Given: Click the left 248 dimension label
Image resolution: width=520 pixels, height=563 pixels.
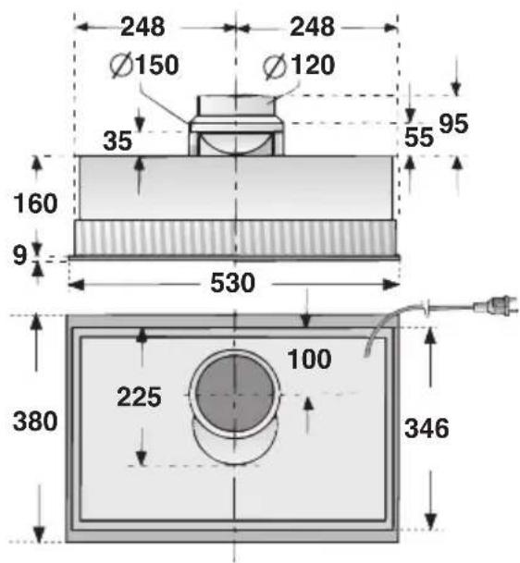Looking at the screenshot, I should coord(143,28).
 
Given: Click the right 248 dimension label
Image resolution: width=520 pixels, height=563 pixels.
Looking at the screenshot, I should coord(312,28).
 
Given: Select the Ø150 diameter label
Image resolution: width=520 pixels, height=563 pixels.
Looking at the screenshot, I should coord(143,66).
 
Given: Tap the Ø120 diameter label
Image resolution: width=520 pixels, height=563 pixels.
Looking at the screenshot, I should coord(298,66).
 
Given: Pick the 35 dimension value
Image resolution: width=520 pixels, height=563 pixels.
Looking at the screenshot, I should coord(118,141).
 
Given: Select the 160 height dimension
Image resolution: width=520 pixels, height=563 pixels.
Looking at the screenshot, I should coord(36,202).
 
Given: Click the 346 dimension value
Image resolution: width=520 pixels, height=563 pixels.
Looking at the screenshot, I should coord(427,428).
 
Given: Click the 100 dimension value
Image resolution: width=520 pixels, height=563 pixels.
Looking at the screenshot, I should coord(308,359).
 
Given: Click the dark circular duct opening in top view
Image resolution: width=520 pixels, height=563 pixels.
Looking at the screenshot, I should coord(235,393).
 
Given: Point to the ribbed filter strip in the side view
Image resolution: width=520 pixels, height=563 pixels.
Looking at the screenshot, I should coord(235,239).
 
